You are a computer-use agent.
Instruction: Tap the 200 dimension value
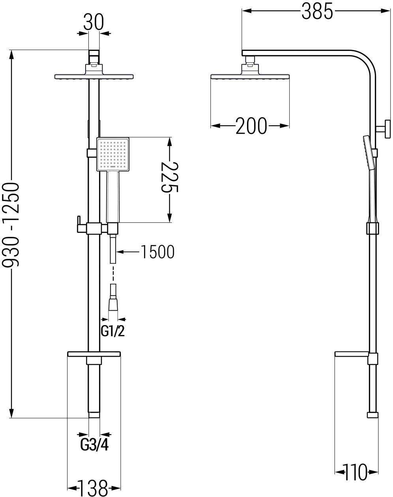coord(251,126)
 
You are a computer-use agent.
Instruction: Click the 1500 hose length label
coord(157,252)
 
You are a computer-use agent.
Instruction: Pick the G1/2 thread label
coord(113,331)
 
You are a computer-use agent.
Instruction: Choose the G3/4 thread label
coord(94,445)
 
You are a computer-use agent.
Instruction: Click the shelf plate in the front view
coord(94,354)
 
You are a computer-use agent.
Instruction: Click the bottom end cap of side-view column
coord(372,415)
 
